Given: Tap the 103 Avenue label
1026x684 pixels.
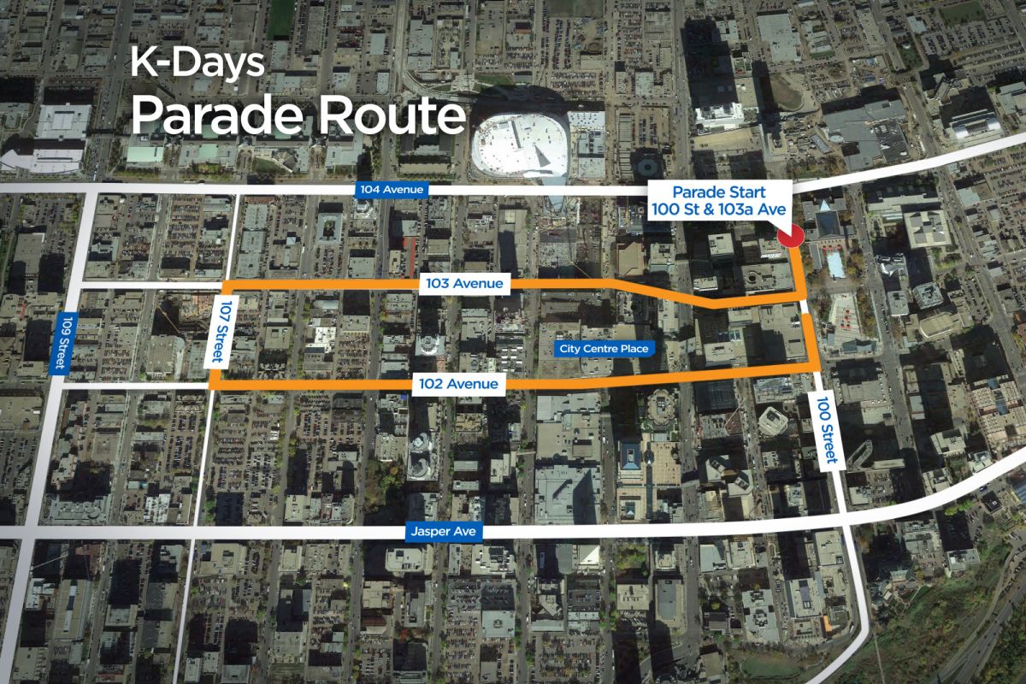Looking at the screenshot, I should [x=465, y=283].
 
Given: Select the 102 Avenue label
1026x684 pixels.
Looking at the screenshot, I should [x=458, y=384].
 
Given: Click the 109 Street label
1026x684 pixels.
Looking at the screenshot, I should [x=60, y=342].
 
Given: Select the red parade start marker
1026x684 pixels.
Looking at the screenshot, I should [x=791, y=235].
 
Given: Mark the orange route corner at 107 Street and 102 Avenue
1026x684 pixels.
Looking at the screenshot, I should [x=213, y=386].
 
